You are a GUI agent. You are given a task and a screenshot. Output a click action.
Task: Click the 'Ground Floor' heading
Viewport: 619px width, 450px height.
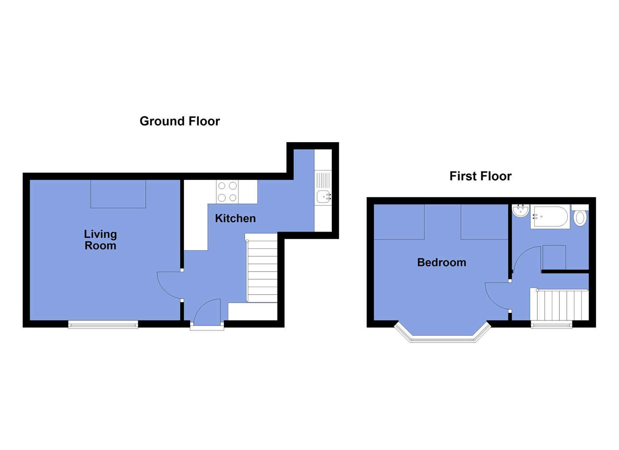[x=179, y=121]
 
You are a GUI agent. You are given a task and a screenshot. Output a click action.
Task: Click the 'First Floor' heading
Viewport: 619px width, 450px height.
[x=480, y=176]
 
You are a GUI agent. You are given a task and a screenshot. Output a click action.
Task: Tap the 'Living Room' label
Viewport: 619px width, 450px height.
[x=100, y=240]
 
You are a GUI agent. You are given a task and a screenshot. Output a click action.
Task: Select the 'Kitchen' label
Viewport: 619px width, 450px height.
[x=235, y=218]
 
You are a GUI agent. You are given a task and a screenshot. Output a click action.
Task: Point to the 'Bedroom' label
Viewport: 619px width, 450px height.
[x=441, y=262]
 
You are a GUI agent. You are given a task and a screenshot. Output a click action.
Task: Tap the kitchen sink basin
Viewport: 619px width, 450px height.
[x=323, y=197]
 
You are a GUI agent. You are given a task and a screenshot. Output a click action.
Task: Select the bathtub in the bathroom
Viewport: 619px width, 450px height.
[x=549, y=217]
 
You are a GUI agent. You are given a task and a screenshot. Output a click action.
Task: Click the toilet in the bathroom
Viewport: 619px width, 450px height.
[x=580, y=217]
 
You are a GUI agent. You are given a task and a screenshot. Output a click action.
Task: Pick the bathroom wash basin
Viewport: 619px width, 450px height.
[x=520, y=210]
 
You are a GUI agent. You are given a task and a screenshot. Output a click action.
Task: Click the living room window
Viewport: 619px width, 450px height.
[x=103, y=324]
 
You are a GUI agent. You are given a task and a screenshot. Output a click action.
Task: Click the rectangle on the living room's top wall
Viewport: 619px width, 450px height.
[x=118, y=194]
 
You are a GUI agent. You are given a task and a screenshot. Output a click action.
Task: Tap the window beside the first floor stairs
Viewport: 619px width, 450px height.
[x=551, y=324]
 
